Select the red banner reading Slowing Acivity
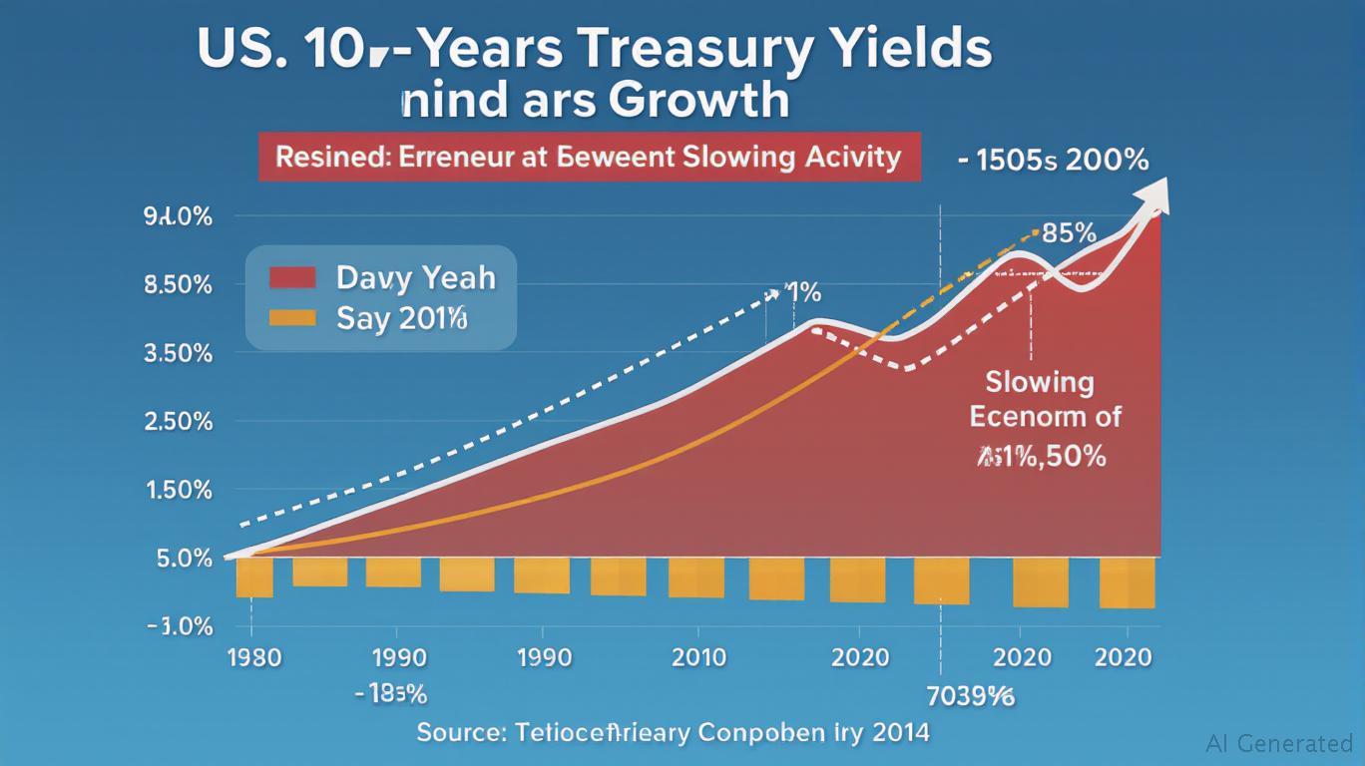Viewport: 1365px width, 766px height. (590, 157)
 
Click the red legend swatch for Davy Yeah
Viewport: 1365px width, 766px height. (292, 276)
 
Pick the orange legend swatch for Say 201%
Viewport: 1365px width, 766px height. (292, 318)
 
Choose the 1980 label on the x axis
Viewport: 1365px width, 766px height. (254, 657)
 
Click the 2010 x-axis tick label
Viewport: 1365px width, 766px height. (698, 657)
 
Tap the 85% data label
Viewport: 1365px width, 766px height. (1069, 233)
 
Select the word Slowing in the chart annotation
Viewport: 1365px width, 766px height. (1040, 381)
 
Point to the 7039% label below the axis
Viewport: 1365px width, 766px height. (971, 695)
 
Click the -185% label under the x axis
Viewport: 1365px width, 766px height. (390, 693)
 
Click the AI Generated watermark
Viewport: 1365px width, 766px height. (1279, 743)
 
